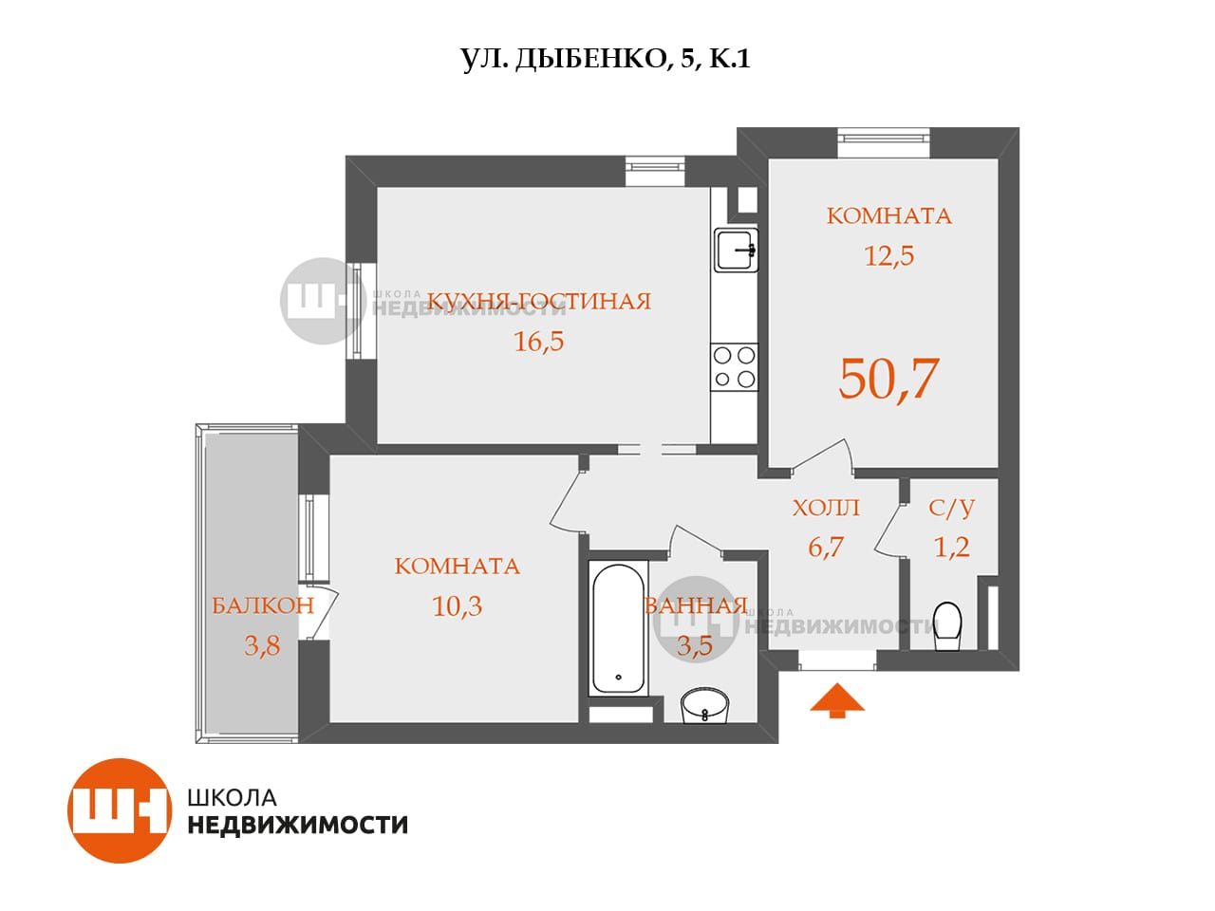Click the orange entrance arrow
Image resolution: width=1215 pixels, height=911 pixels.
point(836,700)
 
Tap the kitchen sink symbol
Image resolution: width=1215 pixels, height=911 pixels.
point(736,250)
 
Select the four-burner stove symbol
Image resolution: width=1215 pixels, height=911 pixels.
point(734,367)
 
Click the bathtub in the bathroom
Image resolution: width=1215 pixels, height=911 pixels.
point(618,628)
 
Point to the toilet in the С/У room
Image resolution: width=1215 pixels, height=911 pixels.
point(947,625)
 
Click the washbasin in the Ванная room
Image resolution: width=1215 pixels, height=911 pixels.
point(704,705)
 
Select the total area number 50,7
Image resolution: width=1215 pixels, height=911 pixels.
point(889,379)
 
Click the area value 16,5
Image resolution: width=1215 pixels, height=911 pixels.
point(538,342)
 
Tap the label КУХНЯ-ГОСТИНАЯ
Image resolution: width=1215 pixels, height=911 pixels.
point(540,302)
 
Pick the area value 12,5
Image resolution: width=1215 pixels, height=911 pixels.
point(889,255)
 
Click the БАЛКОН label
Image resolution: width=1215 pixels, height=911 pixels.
point(263,605)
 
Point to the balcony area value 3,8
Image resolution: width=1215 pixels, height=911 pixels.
point(262,645)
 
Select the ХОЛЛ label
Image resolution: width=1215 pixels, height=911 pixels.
point(826,508)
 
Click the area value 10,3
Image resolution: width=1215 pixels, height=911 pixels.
point(457,605)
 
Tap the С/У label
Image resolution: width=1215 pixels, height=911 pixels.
point(951,508)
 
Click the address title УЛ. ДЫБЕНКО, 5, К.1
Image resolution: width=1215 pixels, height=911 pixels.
point(607,59)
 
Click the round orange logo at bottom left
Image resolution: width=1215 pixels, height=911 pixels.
point(120,810)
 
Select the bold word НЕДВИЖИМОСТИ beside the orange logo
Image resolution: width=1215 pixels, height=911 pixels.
point(298,825)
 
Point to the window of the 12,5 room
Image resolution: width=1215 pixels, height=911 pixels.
point(884,143)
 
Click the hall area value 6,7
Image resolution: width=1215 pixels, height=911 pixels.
point(825,547)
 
